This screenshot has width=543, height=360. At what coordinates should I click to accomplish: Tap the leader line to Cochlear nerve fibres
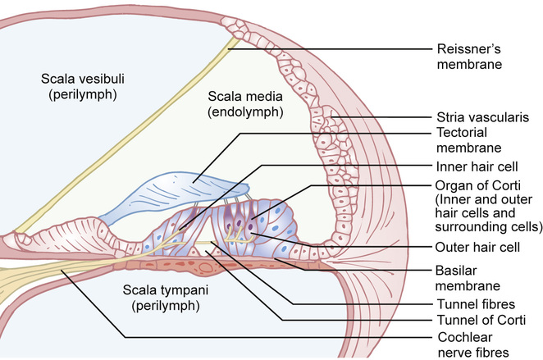coord(246,336)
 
